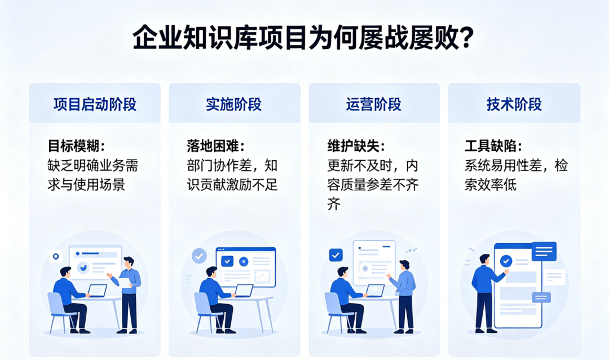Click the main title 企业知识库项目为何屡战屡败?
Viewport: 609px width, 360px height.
point(303,38)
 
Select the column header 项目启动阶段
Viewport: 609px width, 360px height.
point(95,104)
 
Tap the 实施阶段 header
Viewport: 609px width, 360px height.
point(234,104)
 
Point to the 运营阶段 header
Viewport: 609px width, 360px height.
point(374,104)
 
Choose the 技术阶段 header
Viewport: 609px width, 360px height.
point(514,104)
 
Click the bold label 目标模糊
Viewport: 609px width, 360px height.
point(74,146)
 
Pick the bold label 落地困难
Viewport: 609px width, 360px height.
point(213,146)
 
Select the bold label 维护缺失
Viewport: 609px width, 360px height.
point(354,146)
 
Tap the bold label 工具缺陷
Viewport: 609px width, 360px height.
point(491,146)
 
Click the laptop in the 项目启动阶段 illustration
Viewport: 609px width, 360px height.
point(97,291)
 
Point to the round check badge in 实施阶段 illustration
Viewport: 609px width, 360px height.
point(199,256)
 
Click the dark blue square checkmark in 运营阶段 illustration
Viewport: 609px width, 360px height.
point(336,255)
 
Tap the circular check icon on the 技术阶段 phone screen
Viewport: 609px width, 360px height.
point(506,261)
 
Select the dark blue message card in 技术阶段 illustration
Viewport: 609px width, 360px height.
point(544,251)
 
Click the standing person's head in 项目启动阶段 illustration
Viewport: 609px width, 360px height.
point(128,262)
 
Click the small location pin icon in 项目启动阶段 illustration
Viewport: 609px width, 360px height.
point(56,257)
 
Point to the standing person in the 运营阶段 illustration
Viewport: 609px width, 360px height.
point(403,296)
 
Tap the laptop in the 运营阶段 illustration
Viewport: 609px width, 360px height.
point(375,291)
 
